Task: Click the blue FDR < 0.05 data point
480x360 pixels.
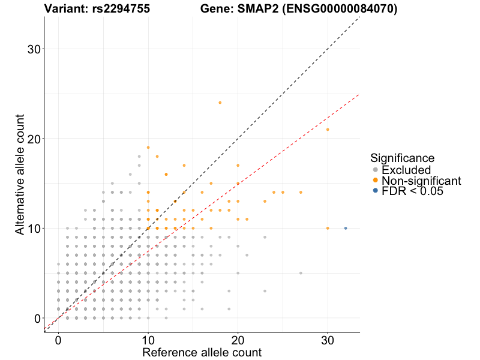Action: pyautogui.click(x=346, y=228)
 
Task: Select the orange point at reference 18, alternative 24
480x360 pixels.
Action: pyautogui.click(x=220, y=103)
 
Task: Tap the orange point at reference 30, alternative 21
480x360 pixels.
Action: pyautogui.click(x=328, y=130)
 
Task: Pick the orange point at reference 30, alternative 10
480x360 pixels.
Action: pyautogui.click(x=328, y=228)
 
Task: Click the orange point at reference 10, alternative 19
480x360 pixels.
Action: pyautogui.click(x=148, y=148)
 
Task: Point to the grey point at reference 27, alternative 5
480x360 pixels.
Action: pyautogui.click(x=301, y=273)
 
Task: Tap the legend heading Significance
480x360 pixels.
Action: pyautogui.click(x=403, y=158)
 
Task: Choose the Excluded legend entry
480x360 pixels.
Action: pyautogui.click(x=406, y=170)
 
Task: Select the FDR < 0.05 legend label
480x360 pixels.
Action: pyautogui.click(x=413, y=191)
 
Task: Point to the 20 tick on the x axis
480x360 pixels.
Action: pyautogui.click(x=238, y=340)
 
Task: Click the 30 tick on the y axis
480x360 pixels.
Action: pyautogui.click(x=34, y=49)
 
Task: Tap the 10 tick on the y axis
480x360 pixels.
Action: pyautogui.click(x=34, y=229)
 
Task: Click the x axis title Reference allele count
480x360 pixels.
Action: pyautogui.click(x=202, y=352)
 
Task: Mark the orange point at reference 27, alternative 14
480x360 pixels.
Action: pyautogui.click(x=301, y=193)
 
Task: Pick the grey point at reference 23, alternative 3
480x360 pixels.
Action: pyautogui.click(x=265, y=291)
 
